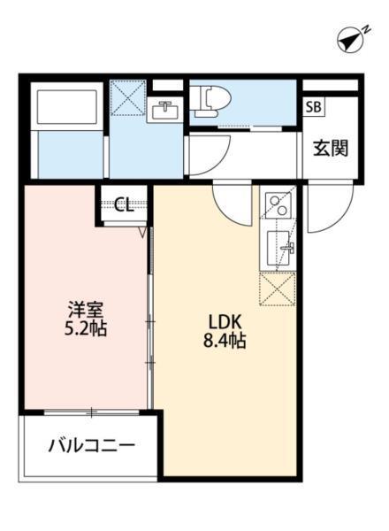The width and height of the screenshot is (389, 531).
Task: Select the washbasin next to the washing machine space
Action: pyautogui.click(x=165, y=110)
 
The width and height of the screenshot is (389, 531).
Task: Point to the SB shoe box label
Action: pyautogui.click(x=314, y=107)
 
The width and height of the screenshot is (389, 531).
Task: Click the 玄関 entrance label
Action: pyautogui.click(x=329, y=147)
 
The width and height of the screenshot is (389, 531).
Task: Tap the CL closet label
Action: pyautogui.click(x=124, y=205)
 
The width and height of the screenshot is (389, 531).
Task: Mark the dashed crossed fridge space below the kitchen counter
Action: pyautogui.click(x=278, y=289)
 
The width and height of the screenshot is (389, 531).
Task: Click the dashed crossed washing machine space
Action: pyautogui.click(x=129, y=97)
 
